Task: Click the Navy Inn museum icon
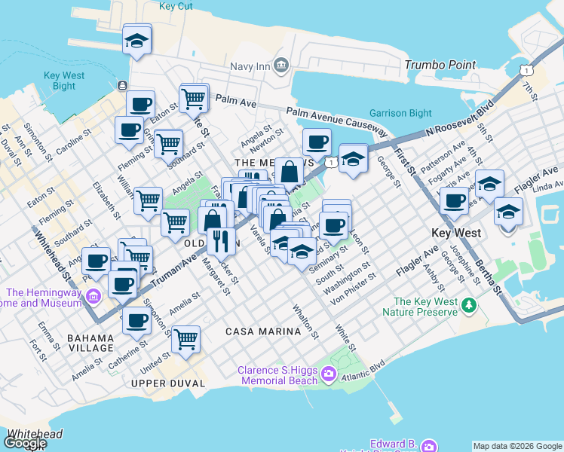pos(282,66)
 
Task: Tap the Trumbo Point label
pos(440,66)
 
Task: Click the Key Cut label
pos(178,6)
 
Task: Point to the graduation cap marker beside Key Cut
pos(137,40)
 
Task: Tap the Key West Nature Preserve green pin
pos(470,305)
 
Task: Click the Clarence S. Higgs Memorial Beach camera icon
pos(329,374)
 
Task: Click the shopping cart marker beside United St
pos(185,340)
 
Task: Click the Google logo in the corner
pos(25,443)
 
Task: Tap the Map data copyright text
pos(517,446)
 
